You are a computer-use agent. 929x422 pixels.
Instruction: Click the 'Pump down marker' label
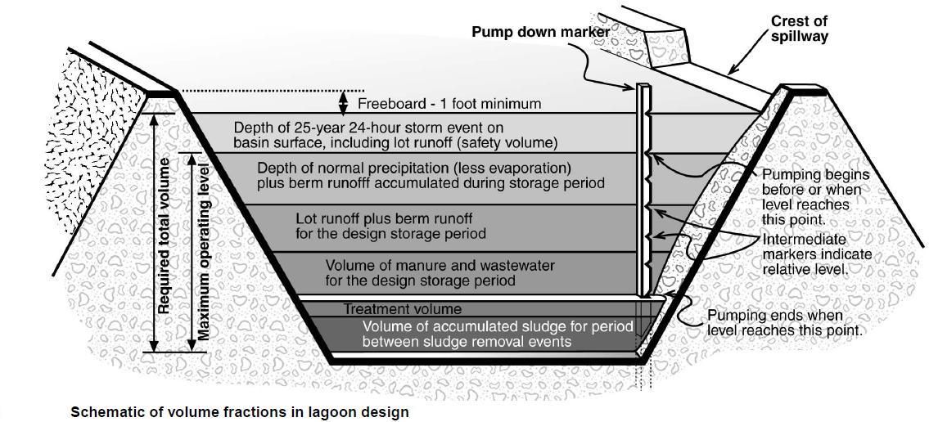[x=540, y=32]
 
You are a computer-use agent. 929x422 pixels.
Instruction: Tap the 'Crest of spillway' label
[x=799, y=29]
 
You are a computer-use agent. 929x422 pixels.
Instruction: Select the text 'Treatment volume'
[x=402, y=309]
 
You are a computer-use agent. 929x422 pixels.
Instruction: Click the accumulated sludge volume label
[x=498, y=334]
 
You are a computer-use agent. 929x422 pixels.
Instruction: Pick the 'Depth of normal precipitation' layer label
[x=431, y=175]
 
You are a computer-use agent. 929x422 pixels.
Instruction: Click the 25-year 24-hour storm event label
[x=395, y=135]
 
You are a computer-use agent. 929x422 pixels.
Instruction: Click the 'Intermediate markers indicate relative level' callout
[x=816, y=254]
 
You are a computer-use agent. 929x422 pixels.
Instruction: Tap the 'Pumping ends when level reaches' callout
[x=784, y=322]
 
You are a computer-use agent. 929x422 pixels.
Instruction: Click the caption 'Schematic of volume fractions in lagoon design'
[x=239, y=412]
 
